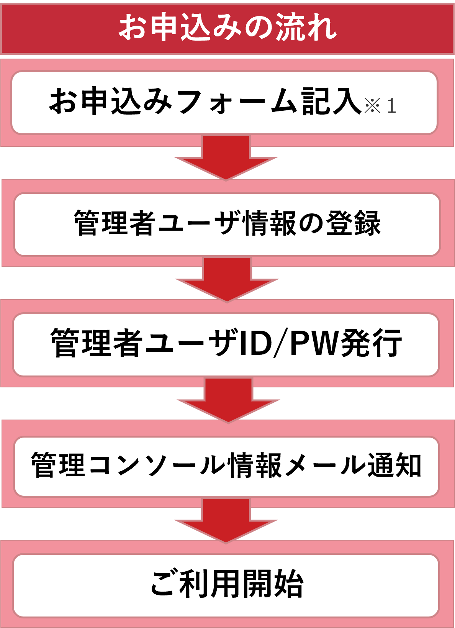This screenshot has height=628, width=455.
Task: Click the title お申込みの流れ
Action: coord(227,28)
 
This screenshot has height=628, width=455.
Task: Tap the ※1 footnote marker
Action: coord(380,106)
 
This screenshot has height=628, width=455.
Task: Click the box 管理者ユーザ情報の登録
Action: coord(227,224)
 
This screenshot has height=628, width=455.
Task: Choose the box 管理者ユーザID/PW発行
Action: coord(226,344)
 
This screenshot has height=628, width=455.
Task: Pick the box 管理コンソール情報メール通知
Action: coord(226,466)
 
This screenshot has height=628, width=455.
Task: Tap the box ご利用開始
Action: coord(226,585)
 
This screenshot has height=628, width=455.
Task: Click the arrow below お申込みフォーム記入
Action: coord(226,157)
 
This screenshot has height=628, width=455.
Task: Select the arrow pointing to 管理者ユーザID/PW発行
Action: coord(227,279)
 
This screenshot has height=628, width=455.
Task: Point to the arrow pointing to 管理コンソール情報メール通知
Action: coord(228,399)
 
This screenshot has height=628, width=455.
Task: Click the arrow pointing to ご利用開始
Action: coord(226,520)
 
